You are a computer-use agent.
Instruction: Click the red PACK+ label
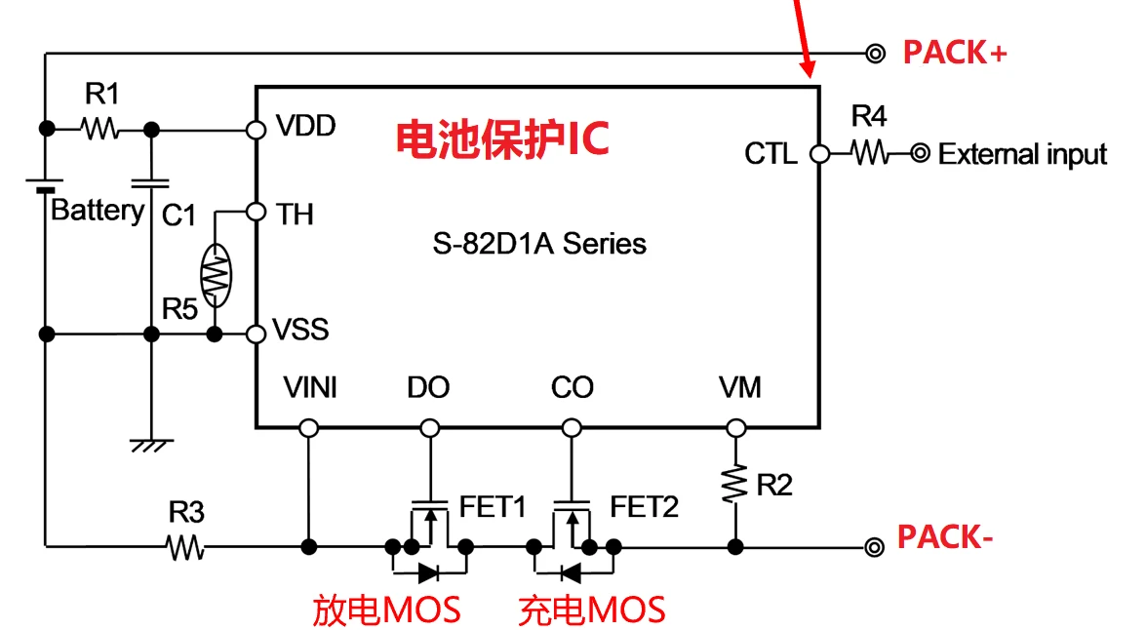click(x=954, y=53)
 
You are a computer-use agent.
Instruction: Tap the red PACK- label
click(x=944, y=537)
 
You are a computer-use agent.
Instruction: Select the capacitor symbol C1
click(x=150, y=182)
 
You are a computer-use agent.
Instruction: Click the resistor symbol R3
click(x=184, y=546)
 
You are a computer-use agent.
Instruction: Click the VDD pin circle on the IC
click(x=257, y=129)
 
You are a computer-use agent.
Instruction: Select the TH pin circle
click(x=257, y=212)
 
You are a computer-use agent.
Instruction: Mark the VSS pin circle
click(x=257, y=335)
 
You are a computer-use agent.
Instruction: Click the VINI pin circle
click(x=309, y=427)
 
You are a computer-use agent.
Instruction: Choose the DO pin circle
click(x=429, y=427)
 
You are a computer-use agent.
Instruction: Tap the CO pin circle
click(x=570, y=427)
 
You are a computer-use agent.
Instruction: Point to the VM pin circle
click(x=736, y=427)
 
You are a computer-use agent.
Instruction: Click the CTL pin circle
click(x=819, y=153)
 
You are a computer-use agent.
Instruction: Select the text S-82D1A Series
click(x=539, y=243)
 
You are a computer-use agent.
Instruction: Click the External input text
click(x=1022, y=154)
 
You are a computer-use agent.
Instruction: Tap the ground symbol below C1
click(x=151, y=444)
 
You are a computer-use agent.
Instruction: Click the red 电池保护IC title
click(x=502, y=139)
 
